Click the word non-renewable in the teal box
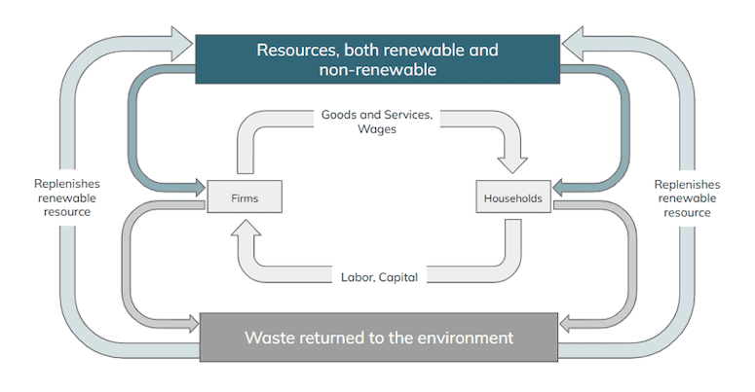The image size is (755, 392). [377, 70]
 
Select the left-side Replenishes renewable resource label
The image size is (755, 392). [66, 197]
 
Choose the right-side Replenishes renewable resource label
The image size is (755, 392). [687, 197]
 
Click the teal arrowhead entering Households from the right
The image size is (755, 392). [563, 185]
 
